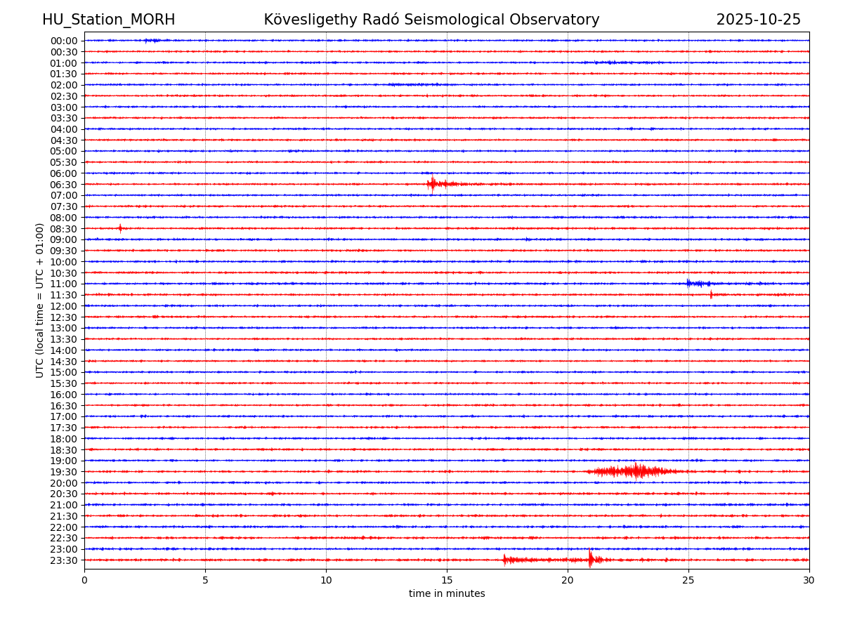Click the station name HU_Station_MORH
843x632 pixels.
pyautogui.click(x=108, y=20)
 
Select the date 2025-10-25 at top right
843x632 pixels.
pyautogui.click(x=758, y=20)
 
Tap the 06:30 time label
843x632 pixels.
pyautogui.click(x=64, y=185)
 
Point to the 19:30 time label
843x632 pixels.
pyautogui.click(x=64, y=472)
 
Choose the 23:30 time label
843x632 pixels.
pyautogui.click(x=64, y=560)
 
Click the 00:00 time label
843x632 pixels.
pyautogui.click(x=64, y=41)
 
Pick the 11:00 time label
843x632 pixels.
pyautogui.click(x=64, y=284)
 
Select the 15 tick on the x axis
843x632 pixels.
pyautogui.click(x=447, y=581)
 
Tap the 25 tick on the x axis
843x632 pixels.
pyautogui.click(x=688, y=581)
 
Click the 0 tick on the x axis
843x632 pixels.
pyautogui.click(x=84, y=581)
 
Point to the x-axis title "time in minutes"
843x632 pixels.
pyautogui.click(x=447, y=594)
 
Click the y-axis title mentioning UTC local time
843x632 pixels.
pyautogui.click(x=40, y=300)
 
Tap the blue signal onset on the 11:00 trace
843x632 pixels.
pyautogui.click(x=688, y=283)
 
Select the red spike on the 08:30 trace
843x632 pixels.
pyautogui.click(x=120, y=228)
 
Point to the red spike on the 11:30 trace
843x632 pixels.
pyautogui.click(x=711, y=294)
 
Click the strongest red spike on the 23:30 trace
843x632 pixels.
pyautogui.click(x=590, y=559)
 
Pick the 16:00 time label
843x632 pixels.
pyautogui.click(x=64, y=395)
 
